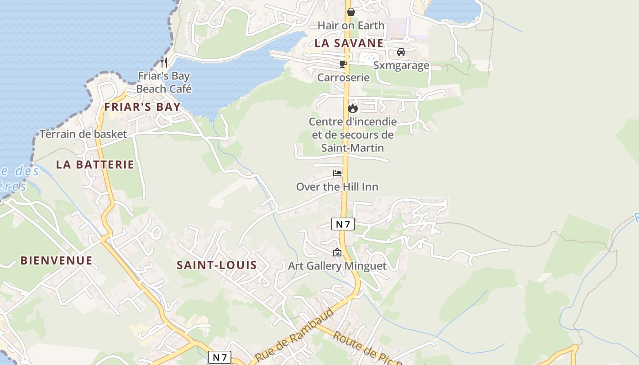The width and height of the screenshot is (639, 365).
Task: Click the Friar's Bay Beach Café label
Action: [x=164, y=82]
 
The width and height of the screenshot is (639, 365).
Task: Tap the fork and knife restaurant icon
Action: [x=164, y=62]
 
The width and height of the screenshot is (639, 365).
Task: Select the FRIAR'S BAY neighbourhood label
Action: [x=142, y=107]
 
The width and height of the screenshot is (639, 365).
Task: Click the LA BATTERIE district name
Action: [x=95, y=165]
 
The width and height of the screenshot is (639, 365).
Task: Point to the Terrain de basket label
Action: [x=83, y=134]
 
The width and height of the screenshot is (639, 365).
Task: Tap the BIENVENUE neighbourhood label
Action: [x=56, y=261]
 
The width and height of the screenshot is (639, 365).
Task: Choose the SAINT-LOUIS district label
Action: [x=216, y=265]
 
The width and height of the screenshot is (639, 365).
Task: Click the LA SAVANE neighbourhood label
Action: [x=349, y=43]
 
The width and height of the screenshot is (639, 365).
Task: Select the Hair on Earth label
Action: [x=351, y=26]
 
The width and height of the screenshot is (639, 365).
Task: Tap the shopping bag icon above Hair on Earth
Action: [x=351, y=11]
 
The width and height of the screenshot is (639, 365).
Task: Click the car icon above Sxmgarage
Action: [x=401, y=52]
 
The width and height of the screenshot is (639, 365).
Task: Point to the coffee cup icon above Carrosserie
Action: [x=343, y=64]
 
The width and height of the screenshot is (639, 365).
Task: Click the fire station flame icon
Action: [x=352, y=108]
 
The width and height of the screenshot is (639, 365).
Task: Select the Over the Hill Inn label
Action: [x=337, y=187]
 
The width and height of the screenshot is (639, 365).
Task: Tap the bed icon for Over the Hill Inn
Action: [x=337, y=173]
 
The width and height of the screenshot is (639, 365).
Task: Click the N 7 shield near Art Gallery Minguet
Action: [x=343, y=224]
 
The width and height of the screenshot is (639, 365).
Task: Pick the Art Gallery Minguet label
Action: [x=337, y=266]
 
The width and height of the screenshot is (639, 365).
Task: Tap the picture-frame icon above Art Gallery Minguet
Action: [x=337, y=252]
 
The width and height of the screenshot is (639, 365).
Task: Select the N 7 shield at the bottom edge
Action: [x=220, y=357]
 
